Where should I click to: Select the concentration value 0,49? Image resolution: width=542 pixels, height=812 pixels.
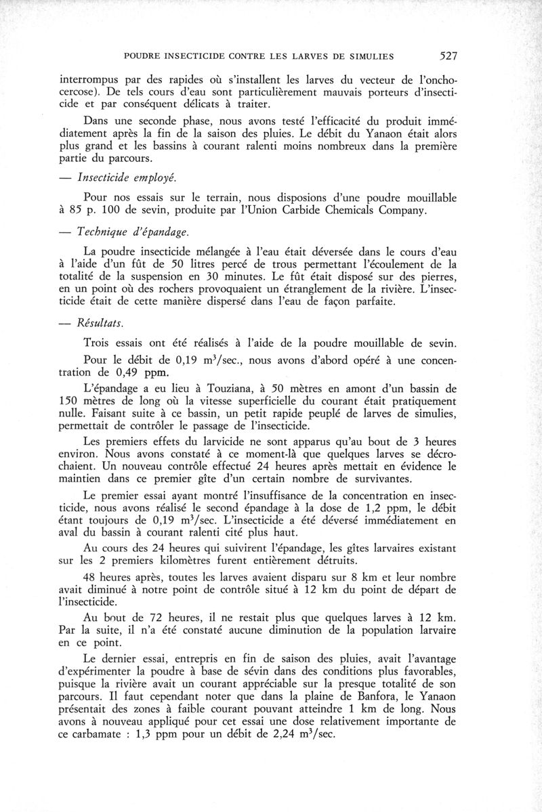(x=131, y=372)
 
